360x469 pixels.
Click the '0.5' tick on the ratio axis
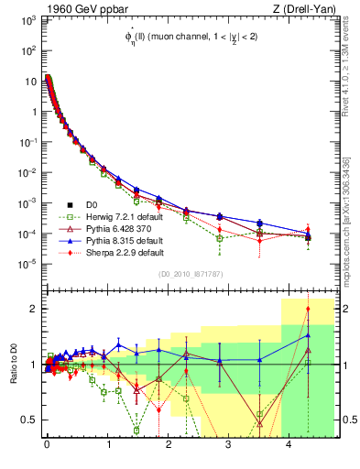(x=29, y=420)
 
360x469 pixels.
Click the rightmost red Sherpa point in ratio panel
(x=308, y=309)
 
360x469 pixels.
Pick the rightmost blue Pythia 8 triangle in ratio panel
(x=308, y=335)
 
